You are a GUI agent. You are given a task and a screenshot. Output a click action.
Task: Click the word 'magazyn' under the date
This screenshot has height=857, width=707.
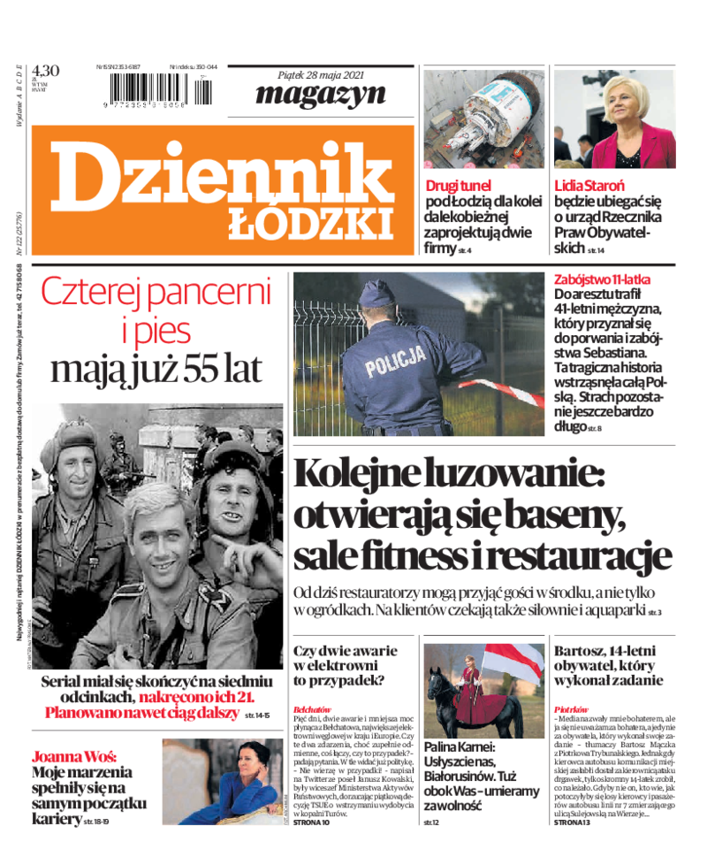(320, 94)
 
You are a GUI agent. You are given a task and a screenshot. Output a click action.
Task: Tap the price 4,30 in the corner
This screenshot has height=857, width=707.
(45, 72)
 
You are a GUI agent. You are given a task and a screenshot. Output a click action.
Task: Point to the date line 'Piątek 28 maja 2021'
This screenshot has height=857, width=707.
(321, 73)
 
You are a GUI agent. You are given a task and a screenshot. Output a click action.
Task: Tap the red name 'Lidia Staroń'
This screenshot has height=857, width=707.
(589, 186)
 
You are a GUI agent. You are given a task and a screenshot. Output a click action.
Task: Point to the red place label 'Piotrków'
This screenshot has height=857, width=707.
(570, 709)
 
